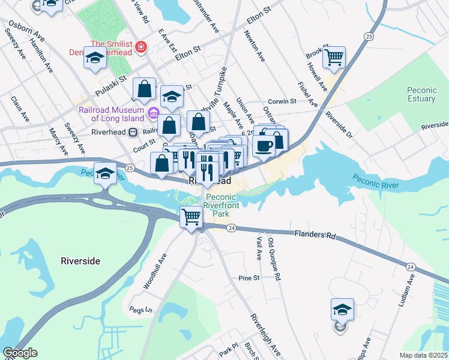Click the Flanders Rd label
tap(315, 235)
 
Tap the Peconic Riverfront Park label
tap(222, 205)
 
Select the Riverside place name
tap(80, 261)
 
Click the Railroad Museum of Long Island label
tap(113, 113)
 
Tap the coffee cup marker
tap(263, 146)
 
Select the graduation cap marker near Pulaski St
tap(95, 59)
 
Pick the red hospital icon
tap(142, 46)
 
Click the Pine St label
tap(248, 278)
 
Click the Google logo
tap(20, 353)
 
